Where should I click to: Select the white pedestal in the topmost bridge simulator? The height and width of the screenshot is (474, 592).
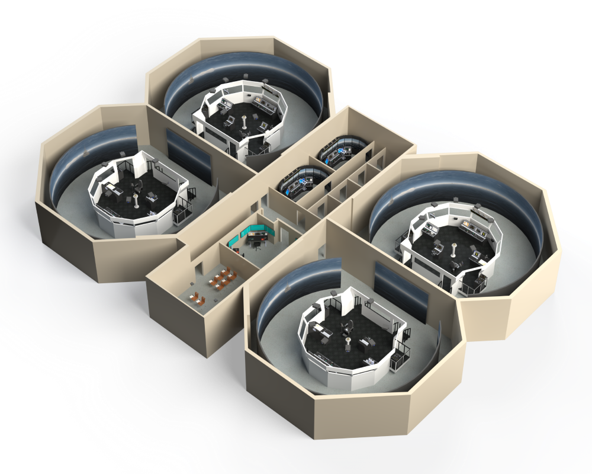coord(245,123)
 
